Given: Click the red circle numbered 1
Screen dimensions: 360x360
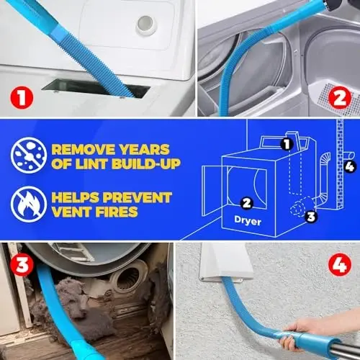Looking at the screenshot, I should (22, 95).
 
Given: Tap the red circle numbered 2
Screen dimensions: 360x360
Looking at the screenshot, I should (338, 95).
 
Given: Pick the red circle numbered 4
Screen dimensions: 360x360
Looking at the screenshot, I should (338, 264).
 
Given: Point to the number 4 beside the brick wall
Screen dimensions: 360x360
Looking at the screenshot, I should (349, 167).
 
